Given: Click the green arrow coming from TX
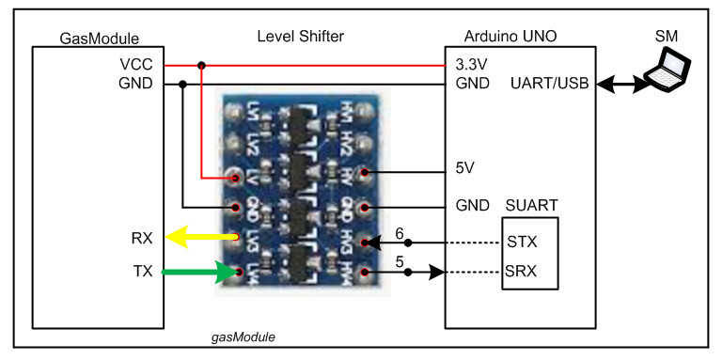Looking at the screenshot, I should coord(196,274).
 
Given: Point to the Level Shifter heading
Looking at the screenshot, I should coord(301,37).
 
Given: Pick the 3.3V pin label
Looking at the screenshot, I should coord(472,65).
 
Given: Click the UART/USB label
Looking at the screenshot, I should coord(550,83).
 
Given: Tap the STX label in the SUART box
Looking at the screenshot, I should coord(522,243).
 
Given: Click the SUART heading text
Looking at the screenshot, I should coord(530,205).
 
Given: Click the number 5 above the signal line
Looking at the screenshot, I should coord(399,263).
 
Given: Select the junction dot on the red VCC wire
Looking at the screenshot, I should coord(201,66).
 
